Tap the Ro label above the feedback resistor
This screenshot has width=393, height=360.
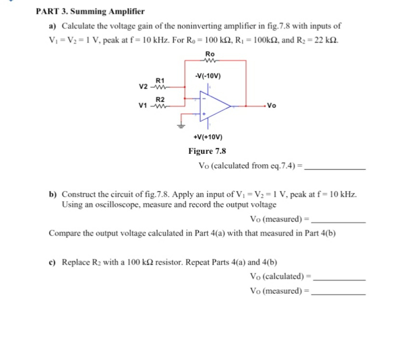tap(210, 53)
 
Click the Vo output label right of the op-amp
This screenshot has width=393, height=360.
tap(272, 106)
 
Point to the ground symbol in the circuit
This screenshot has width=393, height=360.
tap(182, 125)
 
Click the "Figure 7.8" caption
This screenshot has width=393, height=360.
tap(207, 151)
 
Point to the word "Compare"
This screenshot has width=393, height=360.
tap(64, 234)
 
